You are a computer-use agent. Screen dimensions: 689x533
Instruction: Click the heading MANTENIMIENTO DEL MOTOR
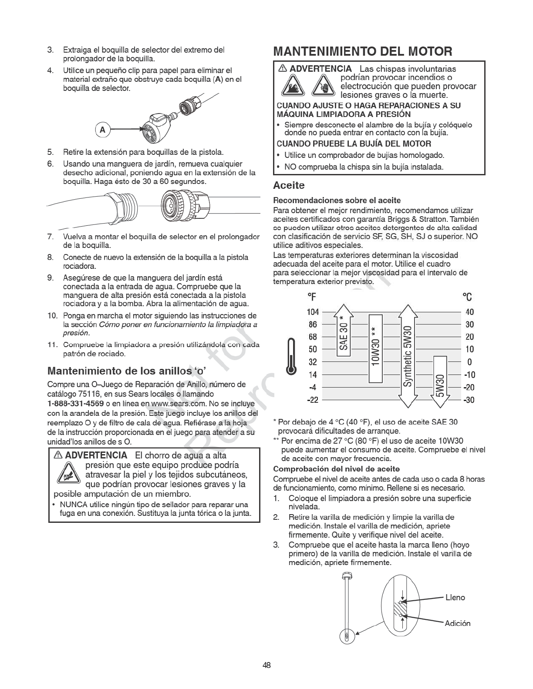tap(363, 52)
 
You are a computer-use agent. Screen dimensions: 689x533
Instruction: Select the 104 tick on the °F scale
tap(313, 312)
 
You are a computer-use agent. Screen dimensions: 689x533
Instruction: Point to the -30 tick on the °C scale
tap(469, 400)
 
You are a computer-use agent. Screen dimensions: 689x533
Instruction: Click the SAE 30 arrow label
tap(344, 334)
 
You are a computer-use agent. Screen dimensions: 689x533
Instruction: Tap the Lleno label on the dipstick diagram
tap(455, 598)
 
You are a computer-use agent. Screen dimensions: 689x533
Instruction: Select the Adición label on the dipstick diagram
tap(457, 623)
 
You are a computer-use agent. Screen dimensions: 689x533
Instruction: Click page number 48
tap(266, 665)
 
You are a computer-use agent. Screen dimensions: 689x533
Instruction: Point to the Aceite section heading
tap(289, 186)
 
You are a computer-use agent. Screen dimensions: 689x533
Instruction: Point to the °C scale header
tap(467, 297)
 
